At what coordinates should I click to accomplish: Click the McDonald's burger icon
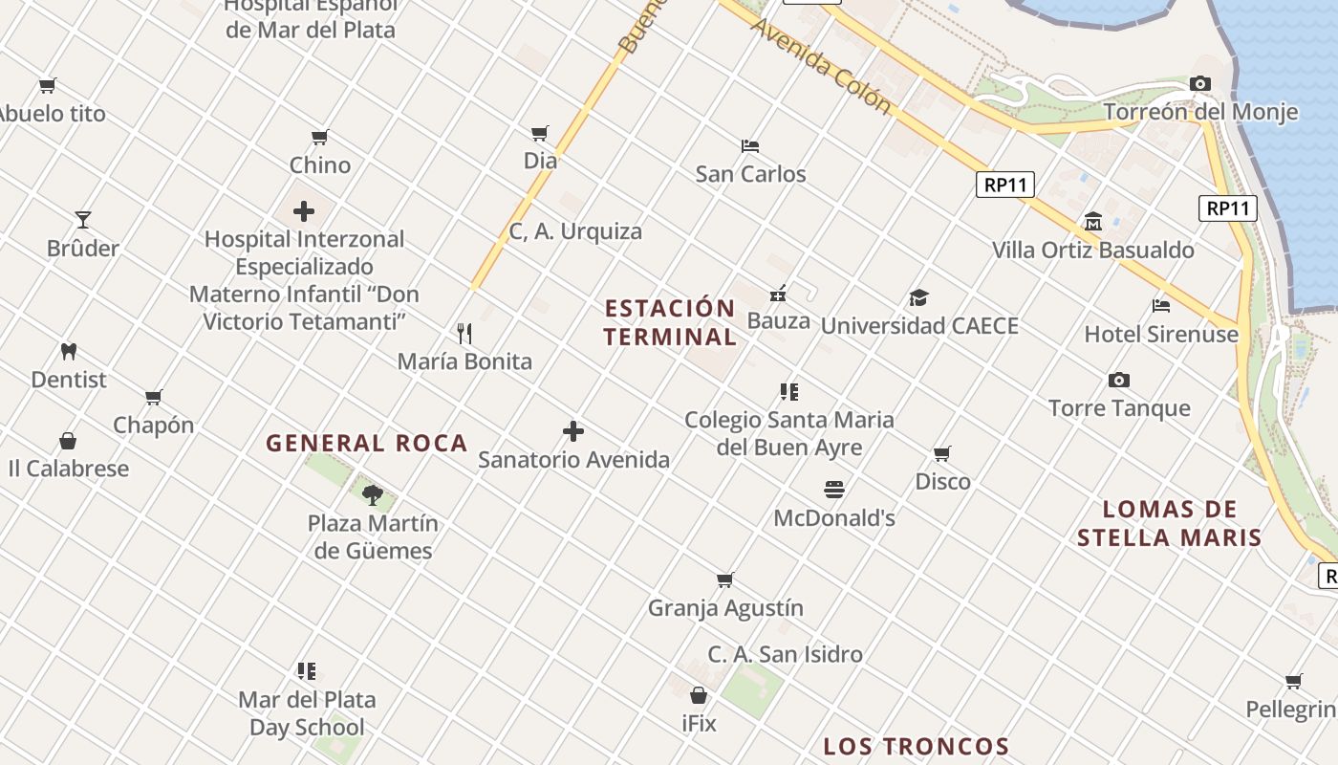(x=834, y=490)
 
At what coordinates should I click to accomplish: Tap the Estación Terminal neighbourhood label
(x=670, y=322)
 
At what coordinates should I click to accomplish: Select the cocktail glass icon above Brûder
(x=83, y=220)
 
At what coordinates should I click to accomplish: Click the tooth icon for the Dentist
(x=68, y=351)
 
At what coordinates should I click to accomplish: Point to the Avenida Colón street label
(x=821, y=65)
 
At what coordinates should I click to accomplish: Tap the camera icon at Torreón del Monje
(x=1200, y=84)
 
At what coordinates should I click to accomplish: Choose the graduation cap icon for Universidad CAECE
(x=918, y=297)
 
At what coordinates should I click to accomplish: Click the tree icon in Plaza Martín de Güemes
(x=373, y=494)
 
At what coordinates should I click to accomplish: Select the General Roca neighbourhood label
(x=367, y=444)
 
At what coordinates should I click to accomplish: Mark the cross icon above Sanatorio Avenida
(x=573, y=431)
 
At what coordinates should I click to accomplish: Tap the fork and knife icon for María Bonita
(x=464, y=333)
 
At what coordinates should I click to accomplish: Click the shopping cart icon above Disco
(x=942, y=453)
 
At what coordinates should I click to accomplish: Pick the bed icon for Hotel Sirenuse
(x=1161, y=306)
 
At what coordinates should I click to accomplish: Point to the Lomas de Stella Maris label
(x=1170, y=523)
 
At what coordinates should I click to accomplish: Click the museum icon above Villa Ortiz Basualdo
(x=1093, y=222)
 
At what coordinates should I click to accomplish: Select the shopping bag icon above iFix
(x=699, y=695)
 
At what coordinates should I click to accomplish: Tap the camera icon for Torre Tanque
(x=1119, y=380)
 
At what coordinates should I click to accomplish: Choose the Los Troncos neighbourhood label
(x=917, y=746)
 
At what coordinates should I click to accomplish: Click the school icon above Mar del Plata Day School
(x=306, y=671)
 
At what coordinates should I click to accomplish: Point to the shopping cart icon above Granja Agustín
(x=725, y=579)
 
